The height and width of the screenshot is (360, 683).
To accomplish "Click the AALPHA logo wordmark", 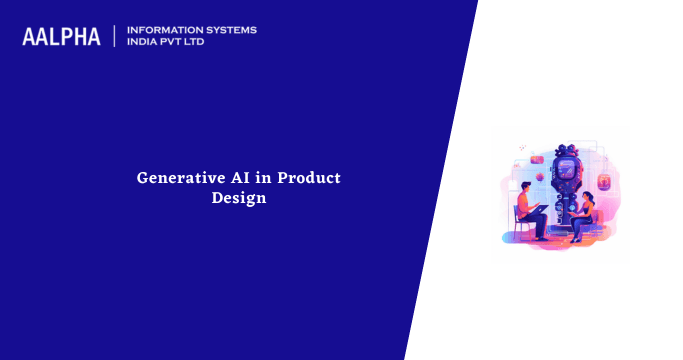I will (x=61, y=37).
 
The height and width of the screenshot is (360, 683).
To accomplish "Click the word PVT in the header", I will (x=180, y=43).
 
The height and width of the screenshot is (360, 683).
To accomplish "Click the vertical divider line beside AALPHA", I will (x=115, y=36).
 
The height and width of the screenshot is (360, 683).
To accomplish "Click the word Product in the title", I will (x=309, y=178).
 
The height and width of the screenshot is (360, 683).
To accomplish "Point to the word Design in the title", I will (x=239, y=198).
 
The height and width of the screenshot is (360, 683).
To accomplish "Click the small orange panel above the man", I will (x=537, y=159).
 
